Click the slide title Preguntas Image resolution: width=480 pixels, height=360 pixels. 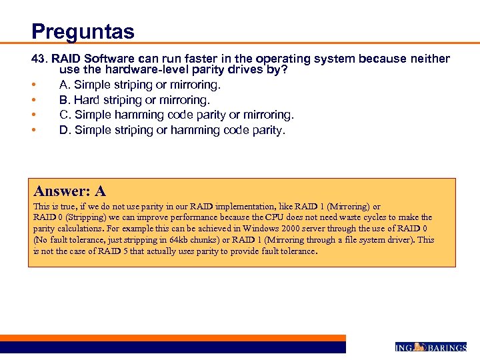tap(83, 31)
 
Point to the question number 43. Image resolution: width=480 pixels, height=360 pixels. tap(39, 59)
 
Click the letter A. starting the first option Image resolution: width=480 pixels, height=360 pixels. tap(65, 85)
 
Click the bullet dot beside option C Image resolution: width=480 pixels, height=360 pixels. tap(33, 115)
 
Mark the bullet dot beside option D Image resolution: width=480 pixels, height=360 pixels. tap(33, 131)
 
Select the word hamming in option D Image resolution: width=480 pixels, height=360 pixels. tap(195, 130)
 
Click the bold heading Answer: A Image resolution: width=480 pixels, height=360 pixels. tap(69, 191)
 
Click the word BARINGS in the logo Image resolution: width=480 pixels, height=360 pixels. tap(447, 347)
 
